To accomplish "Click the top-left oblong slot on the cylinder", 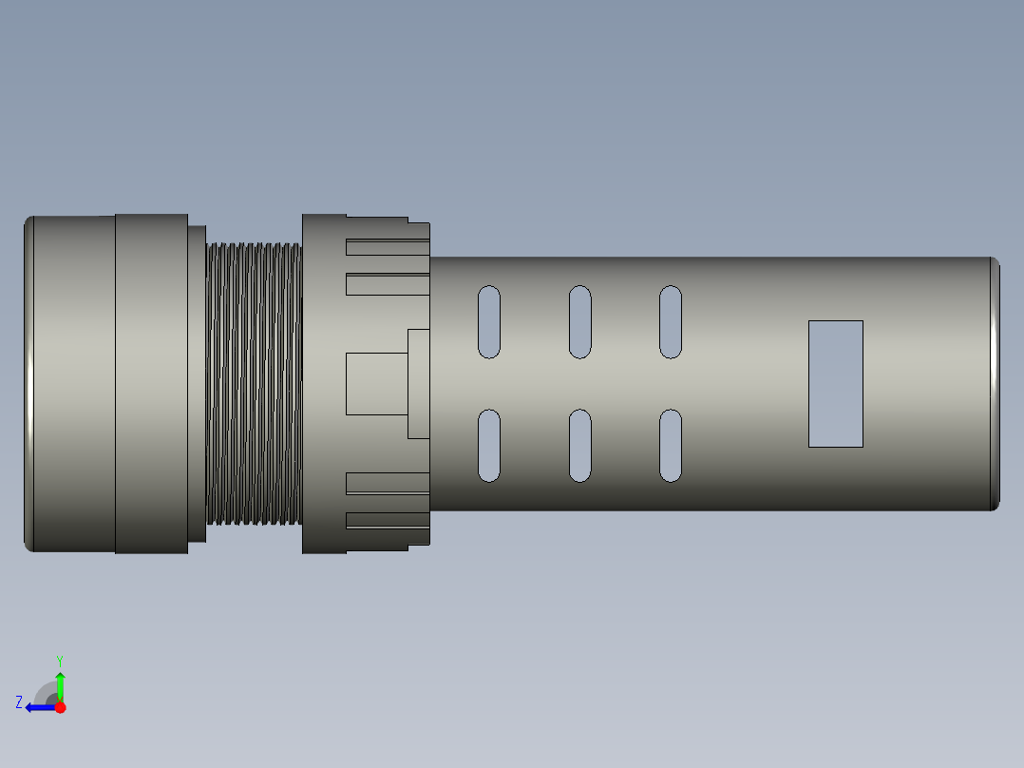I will tap(488, 321).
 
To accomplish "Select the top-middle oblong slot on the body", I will tap(579, 321).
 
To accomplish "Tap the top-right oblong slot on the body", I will tap(670, 321).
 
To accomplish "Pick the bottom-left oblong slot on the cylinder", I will tap(488, 446).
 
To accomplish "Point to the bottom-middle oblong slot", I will tap(579, 446).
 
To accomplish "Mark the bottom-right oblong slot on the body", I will tap(670, 446).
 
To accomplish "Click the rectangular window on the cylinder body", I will tap(835, 383).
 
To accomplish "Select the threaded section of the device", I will tap(254, 384).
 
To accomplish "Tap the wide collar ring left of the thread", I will tap(151, 383).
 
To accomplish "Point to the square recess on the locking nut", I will tap(376, 384).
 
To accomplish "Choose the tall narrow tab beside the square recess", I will tap(418, 384).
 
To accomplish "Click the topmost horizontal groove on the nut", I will tap(387, 248).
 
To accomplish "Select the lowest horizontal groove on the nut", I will tap(387, 520).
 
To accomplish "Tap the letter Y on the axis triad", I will tap(59, 659).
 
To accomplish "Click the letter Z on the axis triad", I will tap(19, 702).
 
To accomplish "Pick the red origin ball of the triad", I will tap(60, 707).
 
